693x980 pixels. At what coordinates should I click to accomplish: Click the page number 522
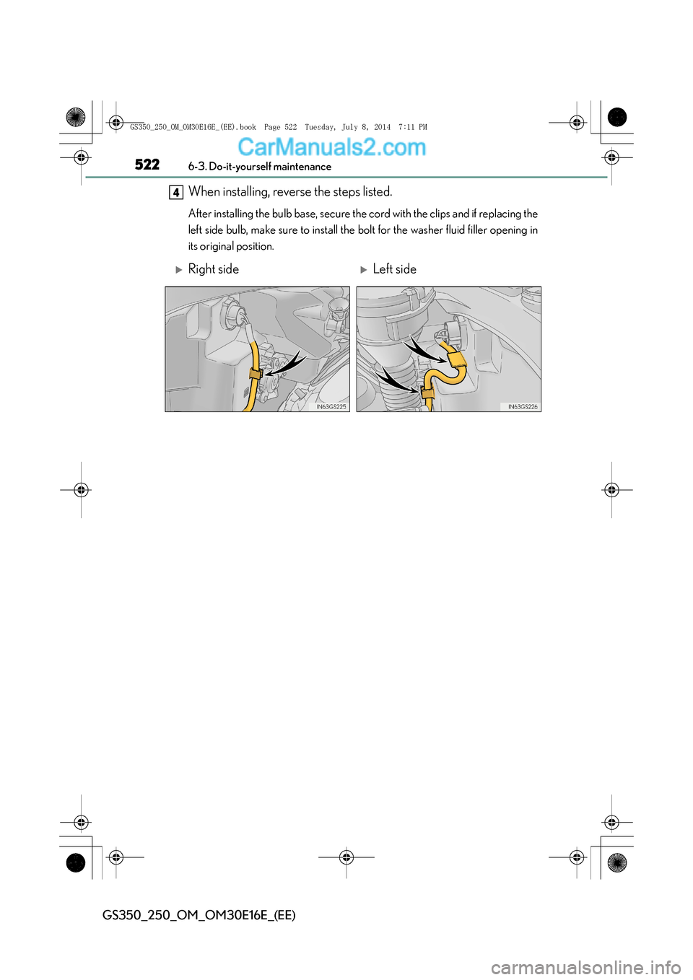[x=147, y=165]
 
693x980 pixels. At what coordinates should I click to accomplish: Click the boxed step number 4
[x=176, y=193]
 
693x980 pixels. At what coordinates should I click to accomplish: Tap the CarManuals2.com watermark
[x=331, y=147]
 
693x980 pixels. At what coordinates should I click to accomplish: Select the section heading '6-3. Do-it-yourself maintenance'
[x=260, y=167]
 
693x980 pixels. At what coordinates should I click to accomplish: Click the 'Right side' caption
[x=213, y=269]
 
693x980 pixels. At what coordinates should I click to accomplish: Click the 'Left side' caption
[x=394, y=269]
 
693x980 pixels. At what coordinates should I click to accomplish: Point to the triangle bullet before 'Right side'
[x=179, y=270]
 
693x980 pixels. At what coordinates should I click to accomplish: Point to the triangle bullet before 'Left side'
[x=364, y=270]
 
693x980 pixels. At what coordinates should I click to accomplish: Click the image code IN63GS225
[x=331, y=407]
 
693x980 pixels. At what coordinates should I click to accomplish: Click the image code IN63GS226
[x=523, y=407]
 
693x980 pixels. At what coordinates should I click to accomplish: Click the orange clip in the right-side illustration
[x=256, y=373]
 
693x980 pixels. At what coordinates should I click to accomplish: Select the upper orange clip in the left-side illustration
[x=456, y=359]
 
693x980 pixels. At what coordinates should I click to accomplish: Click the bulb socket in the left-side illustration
[x=453, y=331]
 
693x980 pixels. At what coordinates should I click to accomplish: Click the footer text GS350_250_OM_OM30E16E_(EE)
[x=199, y=915]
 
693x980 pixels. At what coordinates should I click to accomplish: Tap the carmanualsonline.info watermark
[x=585, y=967]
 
